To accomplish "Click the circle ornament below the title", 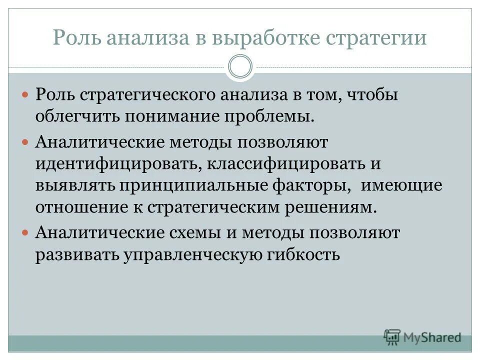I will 240,67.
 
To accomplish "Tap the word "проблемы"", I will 271,117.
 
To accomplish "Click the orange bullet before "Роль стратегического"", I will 26,95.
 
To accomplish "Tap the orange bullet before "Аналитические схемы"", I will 26,232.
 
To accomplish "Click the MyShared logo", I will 422,337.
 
